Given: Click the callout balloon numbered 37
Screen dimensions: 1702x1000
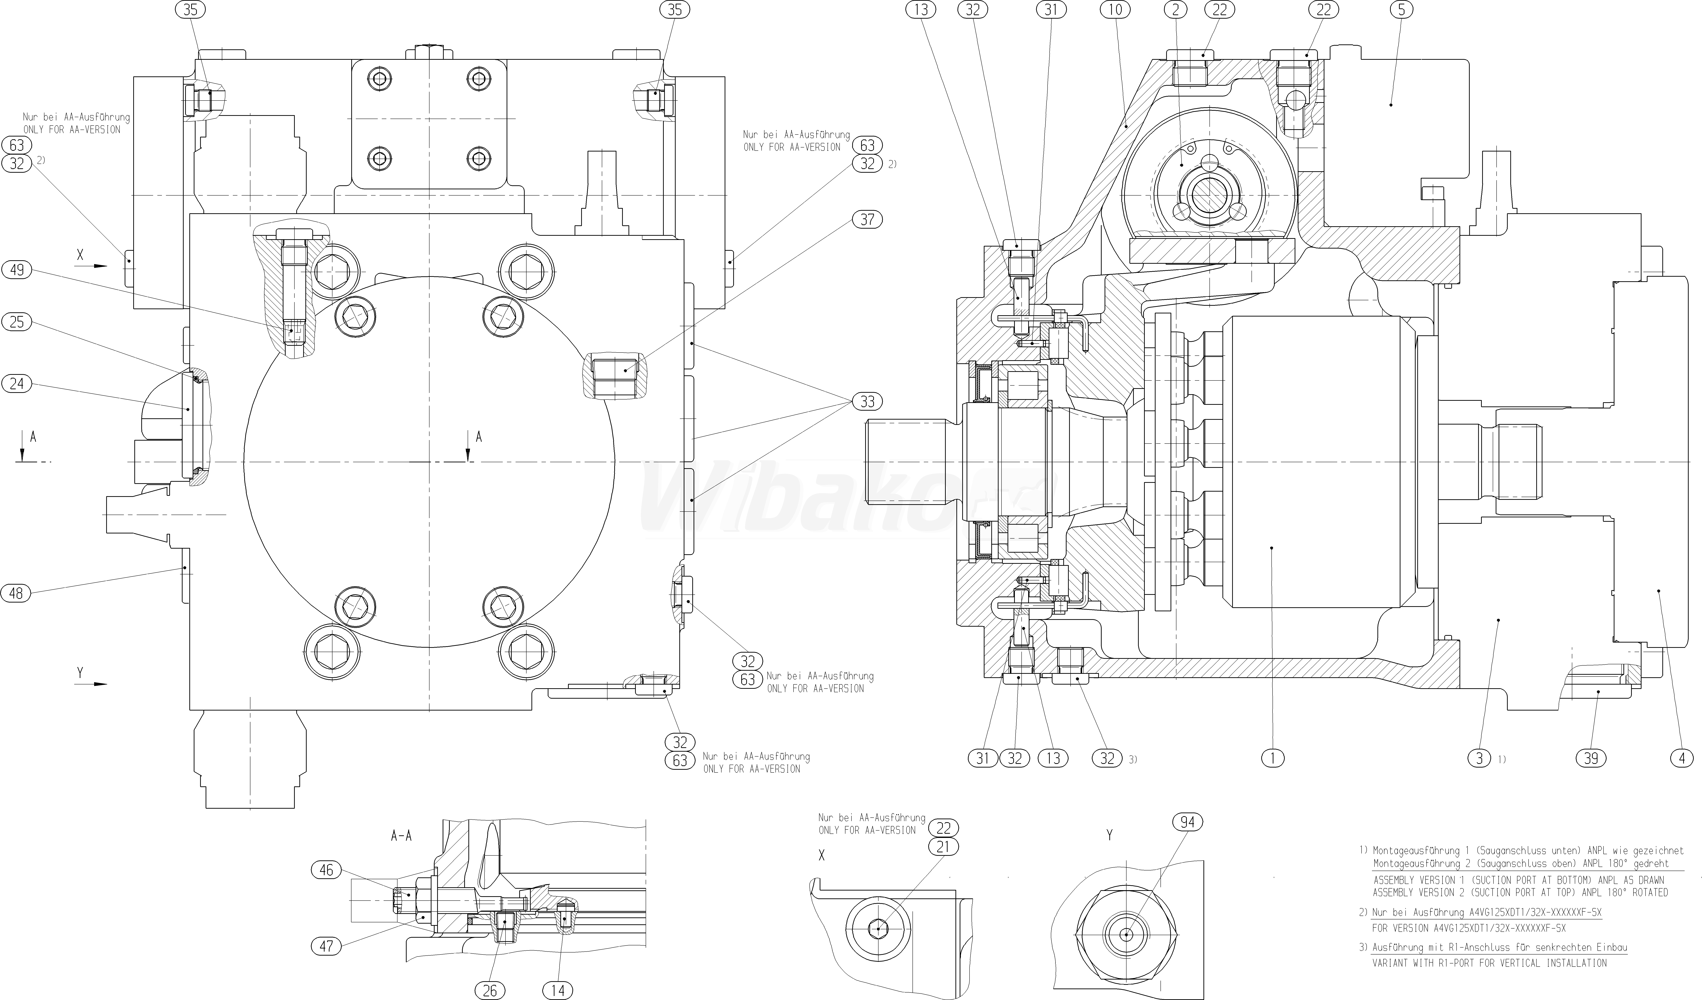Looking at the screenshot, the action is (x=867, y=219).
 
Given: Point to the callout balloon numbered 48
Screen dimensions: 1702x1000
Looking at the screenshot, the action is (x=17, y=593).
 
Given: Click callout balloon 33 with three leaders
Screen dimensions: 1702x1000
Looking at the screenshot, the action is (x=867, y=402).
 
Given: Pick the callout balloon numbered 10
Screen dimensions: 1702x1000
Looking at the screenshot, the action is (x=1115, y=10).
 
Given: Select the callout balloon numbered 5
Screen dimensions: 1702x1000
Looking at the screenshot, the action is (x=1401, y=10).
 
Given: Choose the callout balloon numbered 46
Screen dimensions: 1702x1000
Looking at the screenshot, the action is (x=326, y=870).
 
